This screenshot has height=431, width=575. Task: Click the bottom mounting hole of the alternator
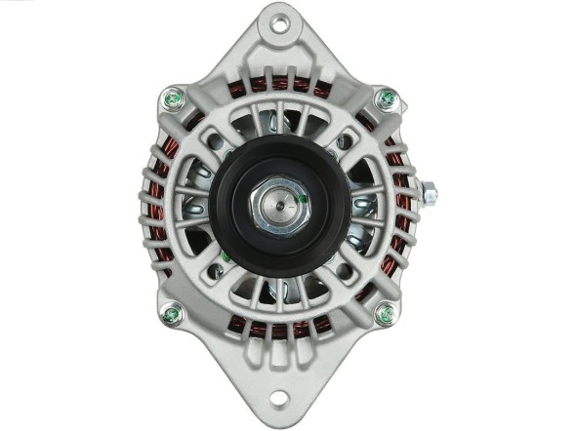[x=279, y=398]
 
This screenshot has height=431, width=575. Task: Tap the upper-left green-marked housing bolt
[x=173, y=98]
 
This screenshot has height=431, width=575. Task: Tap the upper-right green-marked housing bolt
[x=387, y=98]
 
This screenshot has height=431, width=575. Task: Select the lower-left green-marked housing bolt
[x=172, y=314]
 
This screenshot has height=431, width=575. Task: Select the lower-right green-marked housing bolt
[x=386, y=314]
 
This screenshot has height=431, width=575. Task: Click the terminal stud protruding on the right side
[x=427, y=193]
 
